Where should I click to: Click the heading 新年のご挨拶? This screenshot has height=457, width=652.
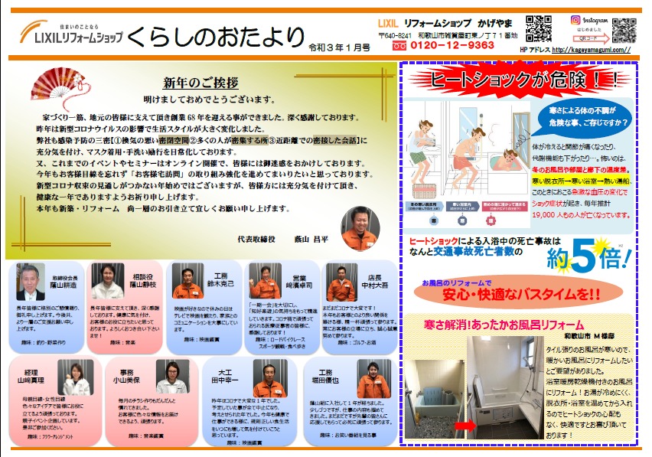(x=192, y=83)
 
